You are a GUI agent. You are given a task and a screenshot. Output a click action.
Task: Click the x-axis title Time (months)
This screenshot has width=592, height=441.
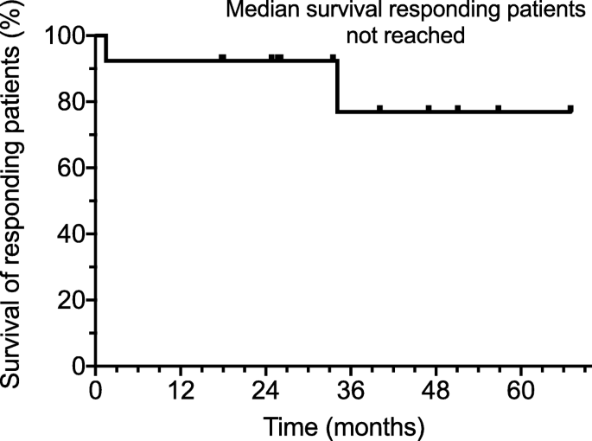coord(344,425)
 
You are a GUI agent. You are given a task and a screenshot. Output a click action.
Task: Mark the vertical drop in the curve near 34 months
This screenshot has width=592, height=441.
coord(336,86)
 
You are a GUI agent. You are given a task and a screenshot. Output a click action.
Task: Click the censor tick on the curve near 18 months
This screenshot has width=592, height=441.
coord(223,58)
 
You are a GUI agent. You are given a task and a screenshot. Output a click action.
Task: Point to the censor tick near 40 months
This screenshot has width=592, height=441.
coord(379,109)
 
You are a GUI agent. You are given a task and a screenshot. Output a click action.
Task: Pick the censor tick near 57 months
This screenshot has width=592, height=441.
coord(499,109)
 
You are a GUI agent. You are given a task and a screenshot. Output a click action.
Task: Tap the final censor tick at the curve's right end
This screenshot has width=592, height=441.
coord(570,109)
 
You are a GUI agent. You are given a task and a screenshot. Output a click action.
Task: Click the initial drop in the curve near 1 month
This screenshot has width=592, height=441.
coord(105,48)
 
